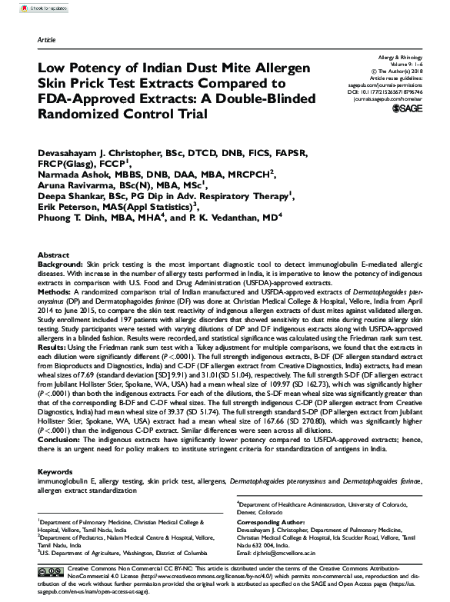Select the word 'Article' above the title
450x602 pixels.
click(x=46, y=39)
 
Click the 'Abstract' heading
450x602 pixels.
click(x=54, y=254)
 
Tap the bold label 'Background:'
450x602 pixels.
click(x=61, y=264)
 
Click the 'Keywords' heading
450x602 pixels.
click(x=55, y=471)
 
